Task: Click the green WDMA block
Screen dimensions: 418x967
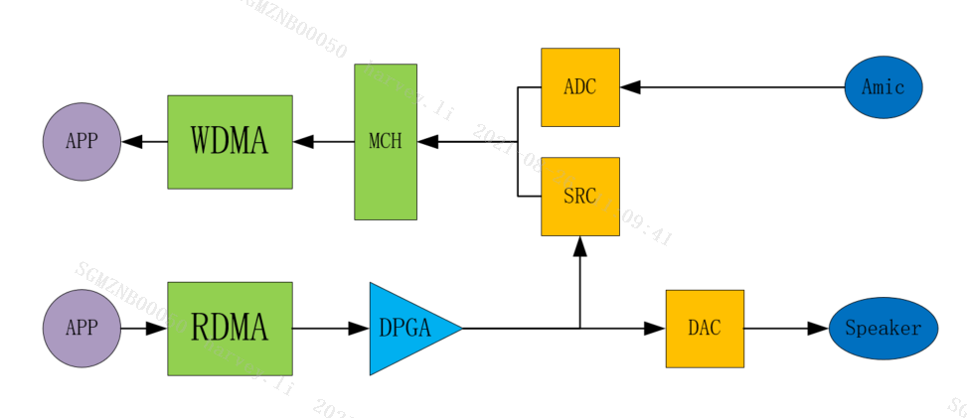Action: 230,142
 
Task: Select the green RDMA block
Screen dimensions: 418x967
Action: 230,328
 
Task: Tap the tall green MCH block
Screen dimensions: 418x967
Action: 386,142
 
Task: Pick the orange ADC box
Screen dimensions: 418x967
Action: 579,87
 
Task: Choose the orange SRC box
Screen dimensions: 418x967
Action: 579,197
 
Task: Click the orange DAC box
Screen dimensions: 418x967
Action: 705,329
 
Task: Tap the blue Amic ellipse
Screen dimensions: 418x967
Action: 884,87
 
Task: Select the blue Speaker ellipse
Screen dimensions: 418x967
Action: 883,329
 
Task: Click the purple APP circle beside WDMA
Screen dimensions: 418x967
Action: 81,142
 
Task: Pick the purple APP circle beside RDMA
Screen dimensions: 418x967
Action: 81,328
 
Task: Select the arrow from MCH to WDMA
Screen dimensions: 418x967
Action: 324,142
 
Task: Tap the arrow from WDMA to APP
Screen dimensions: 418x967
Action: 144,142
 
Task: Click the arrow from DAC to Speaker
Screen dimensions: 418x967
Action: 786,329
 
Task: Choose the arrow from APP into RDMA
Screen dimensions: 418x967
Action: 144,329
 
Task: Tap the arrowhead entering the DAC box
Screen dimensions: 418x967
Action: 656,329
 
